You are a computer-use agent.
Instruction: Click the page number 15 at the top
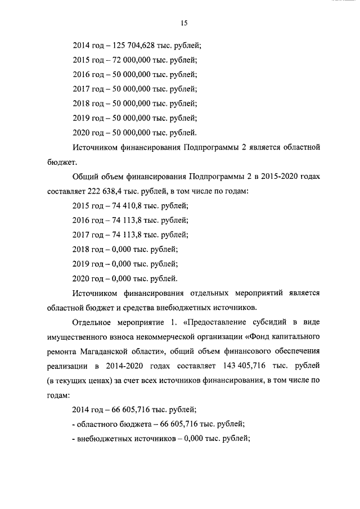[x=183, y=23]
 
